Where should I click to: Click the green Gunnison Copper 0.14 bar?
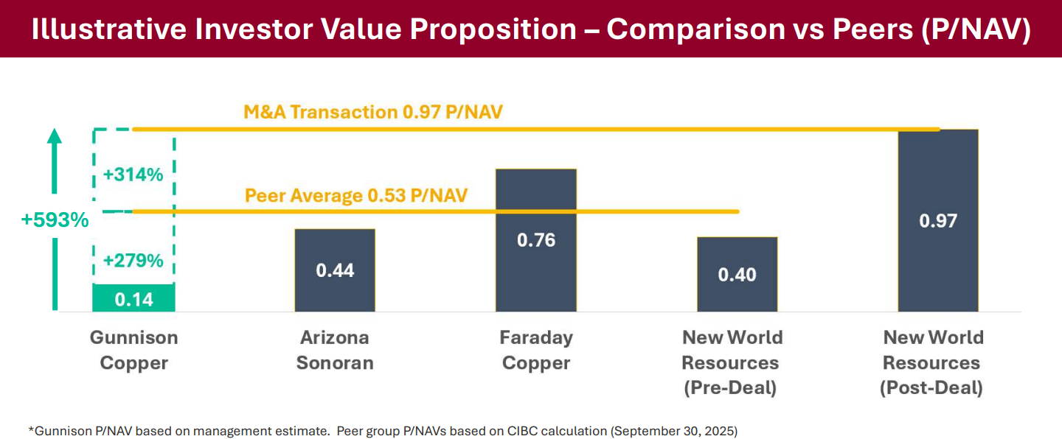click(133, 298)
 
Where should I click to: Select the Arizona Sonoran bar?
click(335, 270)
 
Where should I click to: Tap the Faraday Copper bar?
click(535, 240)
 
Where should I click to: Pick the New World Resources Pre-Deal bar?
click(737, 274)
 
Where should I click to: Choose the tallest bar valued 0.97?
click(938, 220)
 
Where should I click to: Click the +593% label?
click(55, 220)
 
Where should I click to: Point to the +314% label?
click(133, 175)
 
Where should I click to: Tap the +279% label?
click(133, 261)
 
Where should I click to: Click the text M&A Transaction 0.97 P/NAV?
click(378, 112)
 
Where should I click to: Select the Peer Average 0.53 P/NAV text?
click(357, 196)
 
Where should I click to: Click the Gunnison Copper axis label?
click(134, 350)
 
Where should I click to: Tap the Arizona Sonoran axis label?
click(335, 350)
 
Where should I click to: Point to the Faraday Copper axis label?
click(536, 350)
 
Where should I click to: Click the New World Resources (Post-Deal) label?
click(933, 362)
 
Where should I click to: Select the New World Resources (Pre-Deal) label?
click(732, 362)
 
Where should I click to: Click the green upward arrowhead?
click(54, 136)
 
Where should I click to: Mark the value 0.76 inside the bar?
click(536, 240)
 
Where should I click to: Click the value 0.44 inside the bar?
click(335, 270)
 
